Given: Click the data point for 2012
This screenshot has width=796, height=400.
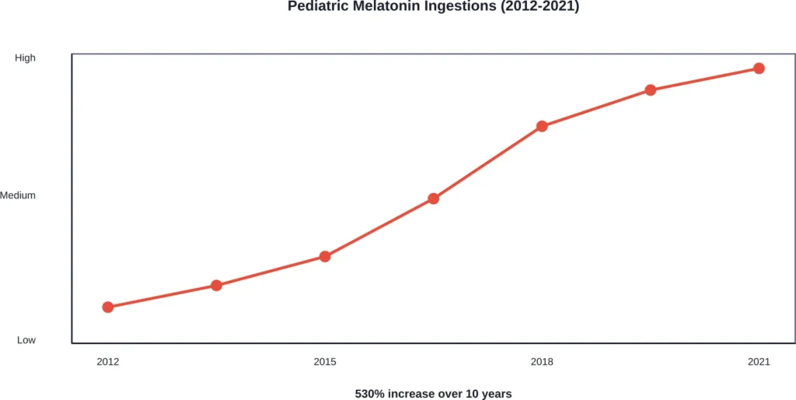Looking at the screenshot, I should click(x=108, y=307).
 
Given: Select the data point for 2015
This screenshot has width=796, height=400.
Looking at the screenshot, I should click(x=325, y=257).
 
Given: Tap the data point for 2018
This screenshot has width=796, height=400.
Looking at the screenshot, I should click(x=542, y=126).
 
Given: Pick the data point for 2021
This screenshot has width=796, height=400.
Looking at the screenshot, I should click(x=759, y=68).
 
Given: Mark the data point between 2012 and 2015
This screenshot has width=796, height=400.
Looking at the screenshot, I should click(x=216, y=286).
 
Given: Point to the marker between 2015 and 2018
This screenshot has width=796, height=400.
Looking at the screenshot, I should click(x=434, y=198).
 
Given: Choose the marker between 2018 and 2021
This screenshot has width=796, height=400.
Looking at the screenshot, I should click(x=651, y=90).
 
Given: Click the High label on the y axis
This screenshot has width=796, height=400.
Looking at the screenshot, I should click(x=26, y=58).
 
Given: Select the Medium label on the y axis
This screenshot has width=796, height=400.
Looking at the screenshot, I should click(x=18, y=195).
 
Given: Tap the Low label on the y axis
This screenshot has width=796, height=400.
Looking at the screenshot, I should click(x=26, y=340).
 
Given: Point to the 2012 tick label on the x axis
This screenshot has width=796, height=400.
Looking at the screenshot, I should click(x=108, y=362).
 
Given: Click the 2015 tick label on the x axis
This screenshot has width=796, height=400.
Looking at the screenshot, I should click(x=325, y=362).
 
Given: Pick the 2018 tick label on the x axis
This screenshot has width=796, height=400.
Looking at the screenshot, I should click(x=542, y=362).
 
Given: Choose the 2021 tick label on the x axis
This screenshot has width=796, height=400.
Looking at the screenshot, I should click(x=759, y=362).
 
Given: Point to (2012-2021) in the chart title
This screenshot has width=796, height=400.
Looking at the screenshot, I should click(x=539, y=7).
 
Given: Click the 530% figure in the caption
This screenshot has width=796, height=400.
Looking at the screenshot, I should click(x=369, y=393).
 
